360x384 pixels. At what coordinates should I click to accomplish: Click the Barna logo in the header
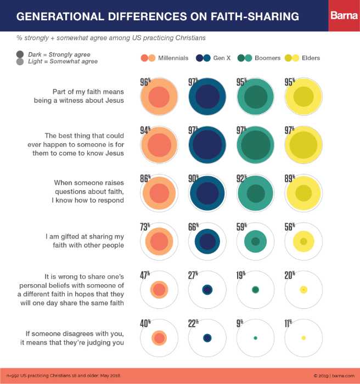tap(344, 16)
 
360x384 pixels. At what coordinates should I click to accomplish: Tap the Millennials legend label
tap(173, 58)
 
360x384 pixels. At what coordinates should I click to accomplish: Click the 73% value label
tap(145, 226)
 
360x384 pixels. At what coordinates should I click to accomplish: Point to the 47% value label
tap(145, 275)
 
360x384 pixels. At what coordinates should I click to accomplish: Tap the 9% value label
tap(240, 323)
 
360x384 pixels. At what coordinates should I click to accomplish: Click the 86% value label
tap(145, 178)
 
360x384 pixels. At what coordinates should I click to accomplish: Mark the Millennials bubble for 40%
tap(159, 338)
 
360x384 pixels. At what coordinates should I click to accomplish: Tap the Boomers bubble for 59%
tap(255, 241)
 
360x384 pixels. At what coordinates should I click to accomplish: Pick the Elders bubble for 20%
tap(303, 290)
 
